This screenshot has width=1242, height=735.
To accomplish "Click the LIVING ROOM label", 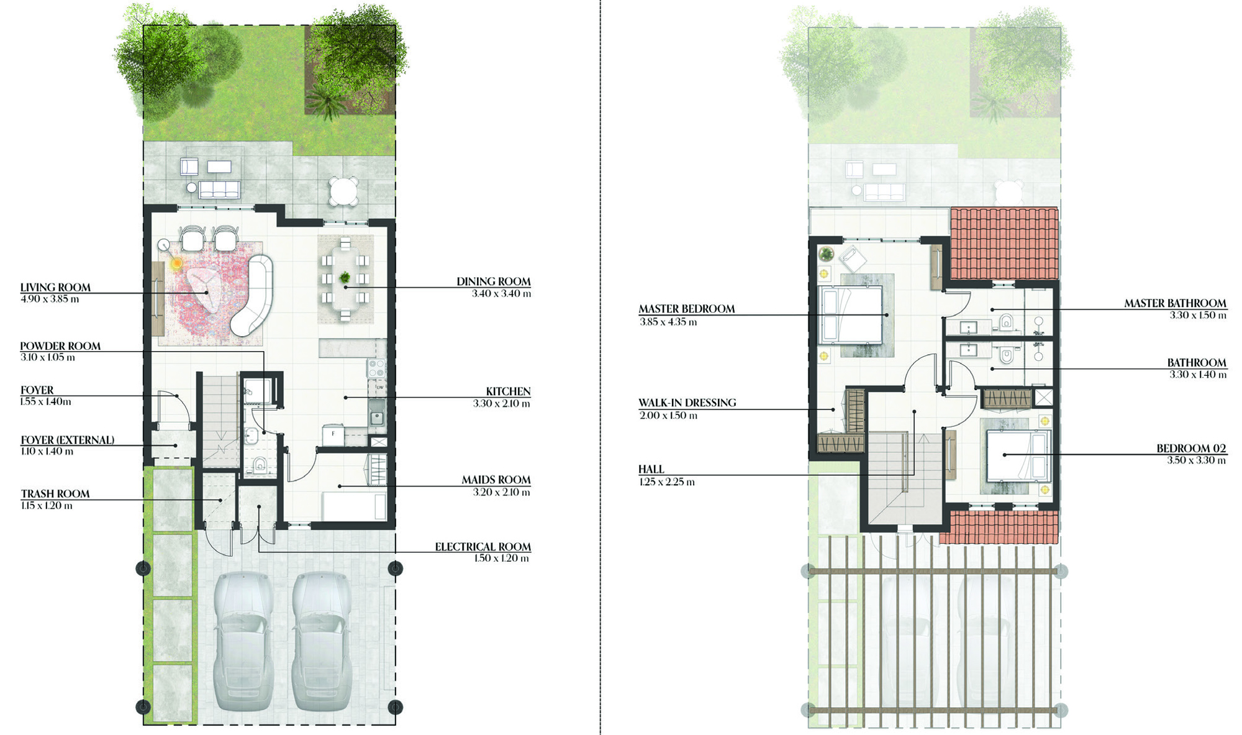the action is click(x=55, y=288).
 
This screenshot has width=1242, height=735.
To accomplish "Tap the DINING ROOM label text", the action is click(x=494, y=282).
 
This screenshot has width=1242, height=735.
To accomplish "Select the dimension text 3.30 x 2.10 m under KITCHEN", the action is click(x=501, y=404).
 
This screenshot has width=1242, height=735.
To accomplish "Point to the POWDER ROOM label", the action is click(x=60, y=346).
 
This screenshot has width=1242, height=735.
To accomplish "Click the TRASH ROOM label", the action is click(x=55, y=494).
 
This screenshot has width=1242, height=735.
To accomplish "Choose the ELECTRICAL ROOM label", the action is click(x=483, y=547).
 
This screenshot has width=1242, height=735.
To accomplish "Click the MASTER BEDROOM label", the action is click(x=687, y=309).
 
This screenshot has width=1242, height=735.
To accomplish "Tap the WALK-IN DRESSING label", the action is click(x=687, y=403).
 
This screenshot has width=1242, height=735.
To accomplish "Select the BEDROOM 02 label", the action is click(x=1191, y=449).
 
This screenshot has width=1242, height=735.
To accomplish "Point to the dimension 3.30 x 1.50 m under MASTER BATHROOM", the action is click(x=1198, y=316).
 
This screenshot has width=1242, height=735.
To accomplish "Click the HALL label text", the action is click(x=651, y=469).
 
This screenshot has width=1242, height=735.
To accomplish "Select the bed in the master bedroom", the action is click(x=851, y=314).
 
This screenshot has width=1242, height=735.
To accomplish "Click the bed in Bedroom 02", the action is click(x=1017, y=456).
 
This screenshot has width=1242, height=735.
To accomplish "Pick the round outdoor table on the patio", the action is click(x=344, y=191).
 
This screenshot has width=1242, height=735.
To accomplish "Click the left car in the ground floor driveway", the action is click(x=243, y=641).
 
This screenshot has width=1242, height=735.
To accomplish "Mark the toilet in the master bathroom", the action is click(x=1006, y=322).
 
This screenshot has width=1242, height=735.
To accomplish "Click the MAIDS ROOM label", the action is click(x=496, y=480).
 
